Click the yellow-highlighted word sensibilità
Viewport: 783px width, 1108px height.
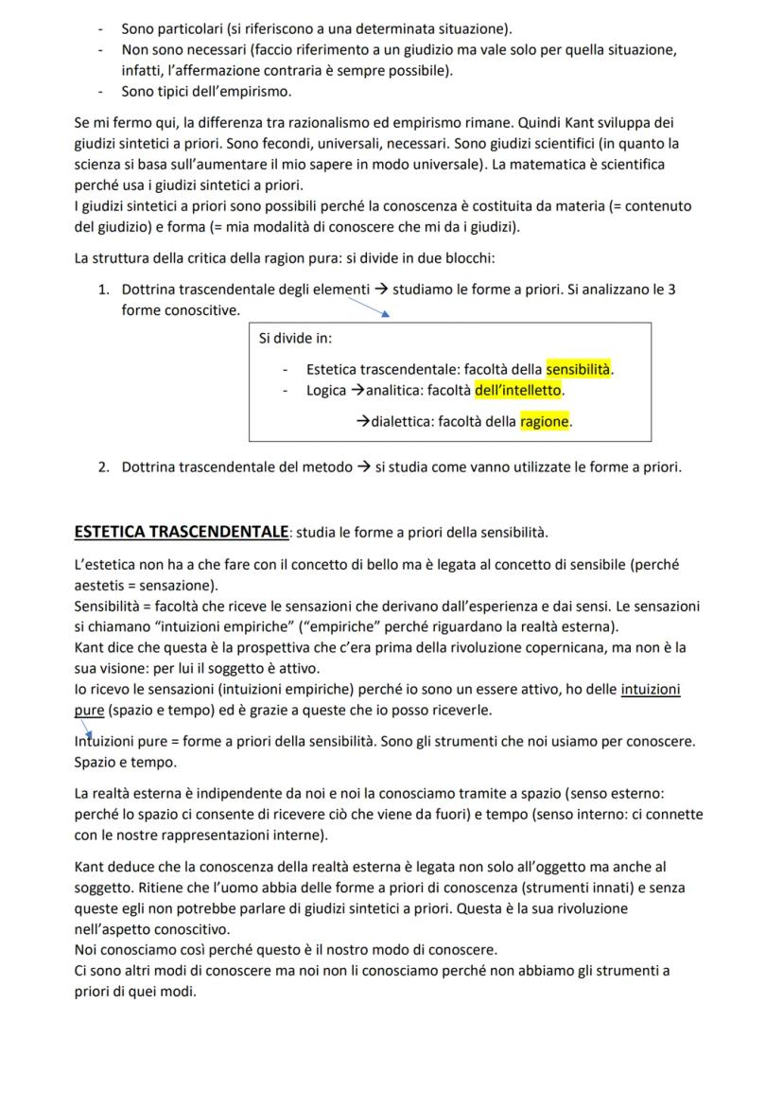click(579, 369)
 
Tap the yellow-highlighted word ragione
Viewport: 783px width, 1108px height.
click(545, 422)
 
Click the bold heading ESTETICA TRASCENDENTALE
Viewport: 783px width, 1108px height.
click(181, 532)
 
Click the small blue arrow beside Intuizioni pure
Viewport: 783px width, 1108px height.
click(86, 729)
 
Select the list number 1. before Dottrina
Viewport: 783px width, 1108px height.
click(104, 290)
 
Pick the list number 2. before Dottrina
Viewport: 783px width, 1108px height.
click(104, 466)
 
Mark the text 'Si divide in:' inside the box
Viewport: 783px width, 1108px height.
click(295, 338)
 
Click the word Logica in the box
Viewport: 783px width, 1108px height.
click(326, 390)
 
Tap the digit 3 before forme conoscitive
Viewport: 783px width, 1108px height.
click(671, 290)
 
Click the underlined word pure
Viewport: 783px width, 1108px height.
click(89, 710)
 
